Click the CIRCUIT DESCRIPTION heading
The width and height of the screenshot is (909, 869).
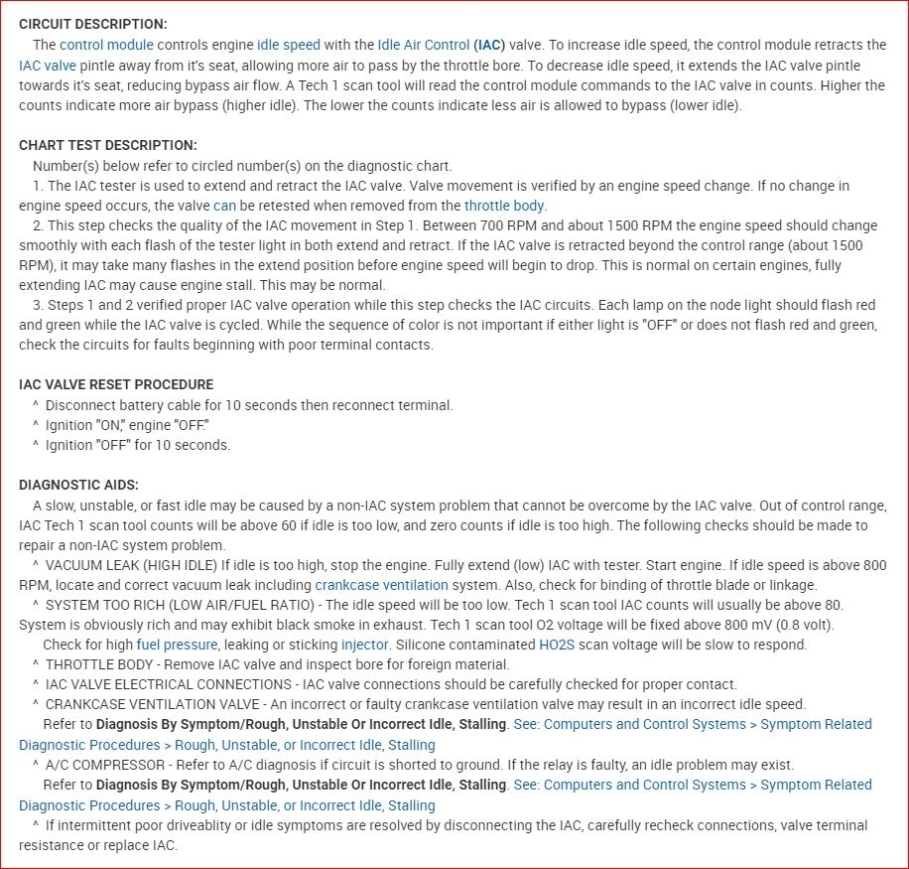(x=92, y=24)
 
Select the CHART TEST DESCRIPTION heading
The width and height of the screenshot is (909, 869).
(x=107, y=145)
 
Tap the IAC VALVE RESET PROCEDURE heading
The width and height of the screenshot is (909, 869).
(x=116, y=384)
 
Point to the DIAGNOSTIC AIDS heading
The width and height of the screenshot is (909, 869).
(x=78, y=485)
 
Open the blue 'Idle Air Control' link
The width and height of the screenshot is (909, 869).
(x=424, y=45)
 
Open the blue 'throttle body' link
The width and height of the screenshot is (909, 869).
(x=504, y=206)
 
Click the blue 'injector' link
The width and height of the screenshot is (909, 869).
(x=364, y=645)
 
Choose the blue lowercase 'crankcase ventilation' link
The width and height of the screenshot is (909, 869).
(x=381, y=585)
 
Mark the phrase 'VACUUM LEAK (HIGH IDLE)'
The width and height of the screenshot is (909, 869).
(x=131, y=565)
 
